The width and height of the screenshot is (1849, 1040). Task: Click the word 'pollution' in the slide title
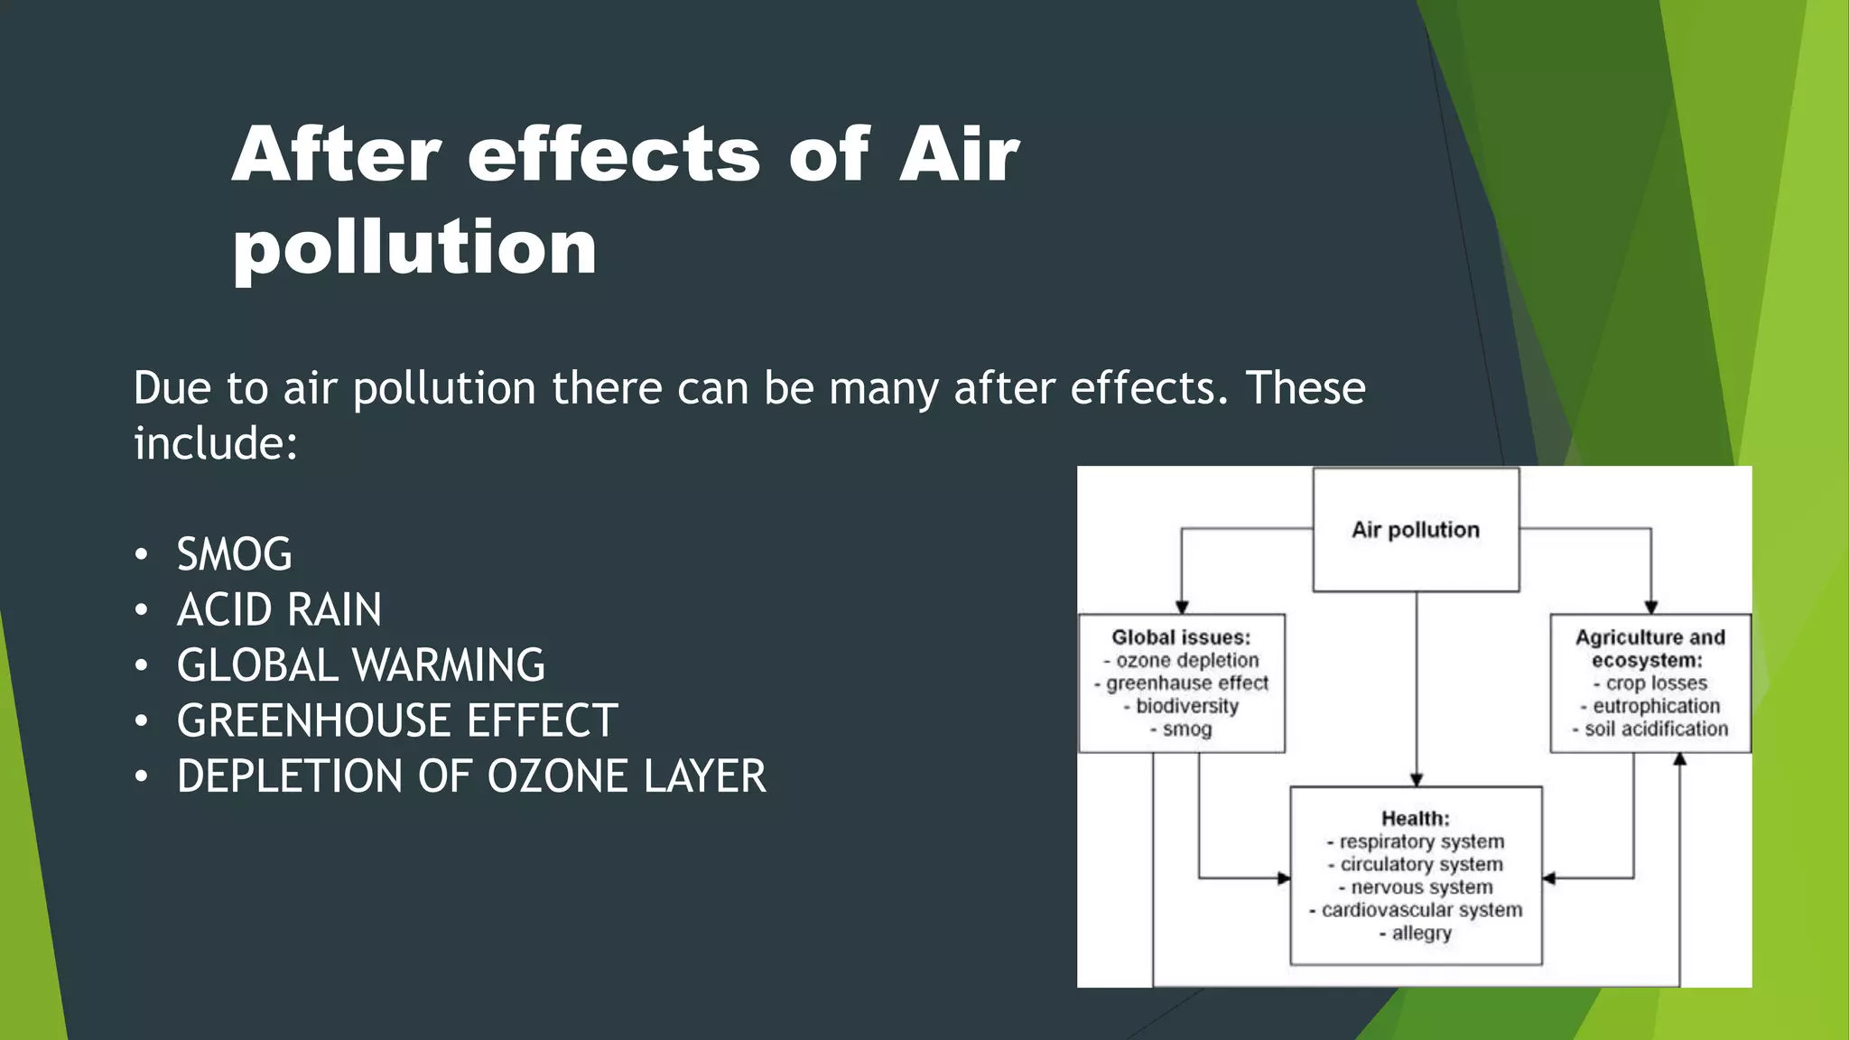(x=414, y=248)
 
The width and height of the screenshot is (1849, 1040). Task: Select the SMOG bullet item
(x=234, y=554)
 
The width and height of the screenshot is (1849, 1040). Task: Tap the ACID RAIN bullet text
(x=279, y=609)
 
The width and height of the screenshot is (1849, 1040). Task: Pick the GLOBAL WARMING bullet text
(x=360, y=665)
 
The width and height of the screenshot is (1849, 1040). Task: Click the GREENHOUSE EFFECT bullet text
(x=397, y=720)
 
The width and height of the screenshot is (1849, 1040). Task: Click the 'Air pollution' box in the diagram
(x=1415, y=530)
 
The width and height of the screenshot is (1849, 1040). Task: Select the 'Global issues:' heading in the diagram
(x=1181, y=637)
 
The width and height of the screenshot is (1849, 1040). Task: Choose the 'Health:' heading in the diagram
(x=1415, y=819)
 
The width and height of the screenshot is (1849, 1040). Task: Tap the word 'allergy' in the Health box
(x=1421, y=933)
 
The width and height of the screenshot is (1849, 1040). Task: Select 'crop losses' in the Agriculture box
(x=1656, y=683)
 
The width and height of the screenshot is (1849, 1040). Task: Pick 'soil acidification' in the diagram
(x=1656, y=729)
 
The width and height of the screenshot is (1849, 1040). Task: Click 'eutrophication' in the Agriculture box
(x=1656, y=706)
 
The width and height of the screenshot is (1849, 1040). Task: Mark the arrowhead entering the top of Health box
(x=1417, y=779)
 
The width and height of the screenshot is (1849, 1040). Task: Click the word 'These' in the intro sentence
(x=1305, y=388)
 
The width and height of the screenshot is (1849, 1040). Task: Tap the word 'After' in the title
(x=336, y=155)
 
